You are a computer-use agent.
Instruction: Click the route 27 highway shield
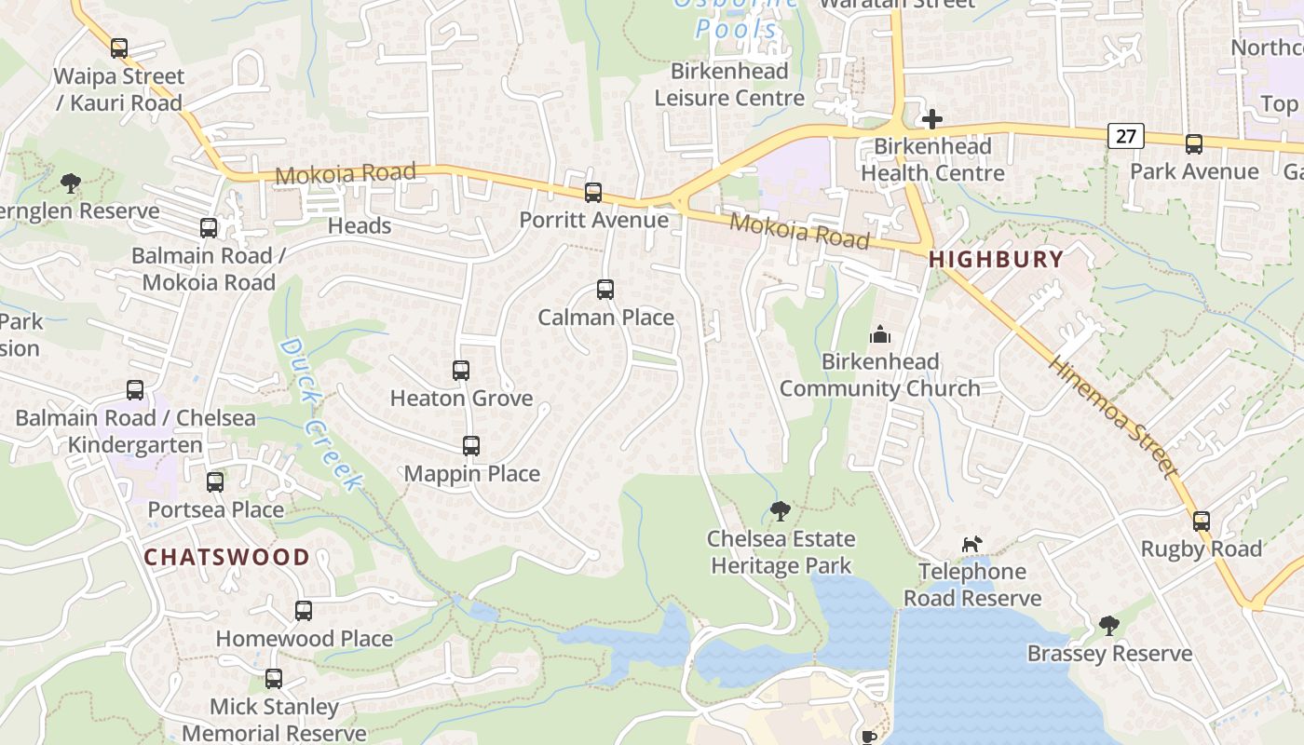click(x=1126, y=137)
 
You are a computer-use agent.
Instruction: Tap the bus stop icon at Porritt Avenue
click(x=593, y=193)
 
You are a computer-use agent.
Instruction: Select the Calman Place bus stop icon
click(x=605, y=290)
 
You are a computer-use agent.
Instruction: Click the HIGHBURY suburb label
click(x=996, y=260)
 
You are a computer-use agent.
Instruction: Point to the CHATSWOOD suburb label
click(x=227, y=557)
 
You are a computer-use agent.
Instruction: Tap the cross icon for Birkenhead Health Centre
click(x=931, y=119)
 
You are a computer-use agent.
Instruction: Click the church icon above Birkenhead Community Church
click(x=879, y=334)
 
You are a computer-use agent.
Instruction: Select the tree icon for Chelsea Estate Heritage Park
click(x=781, y=511)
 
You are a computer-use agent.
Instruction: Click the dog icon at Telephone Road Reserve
click(x=971, y=544)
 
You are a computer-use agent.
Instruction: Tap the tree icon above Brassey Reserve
click(x=1108, y=626)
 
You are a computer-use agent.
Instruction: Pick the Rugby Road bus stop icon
click(x=1202, y=521)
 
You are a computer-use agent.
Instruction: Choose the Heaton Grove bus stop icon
click(x=461, y=371)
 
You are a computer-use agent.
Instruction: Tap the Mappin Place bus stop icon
click(x=471, y=446)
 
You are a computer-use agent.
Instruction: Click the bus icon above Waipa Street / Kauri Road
click(x=118, y=48)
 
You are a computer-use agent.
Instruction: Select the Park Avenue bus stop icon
click(x=1194, y=144)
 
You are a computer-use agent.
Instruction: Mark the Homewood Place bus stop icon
click(x=304, y=611)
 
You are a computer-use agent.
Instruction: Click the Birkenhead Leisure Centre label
click(x=728, y=85)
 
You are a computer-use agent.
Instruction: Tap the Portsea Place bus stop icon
click(x=215, y=482)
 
